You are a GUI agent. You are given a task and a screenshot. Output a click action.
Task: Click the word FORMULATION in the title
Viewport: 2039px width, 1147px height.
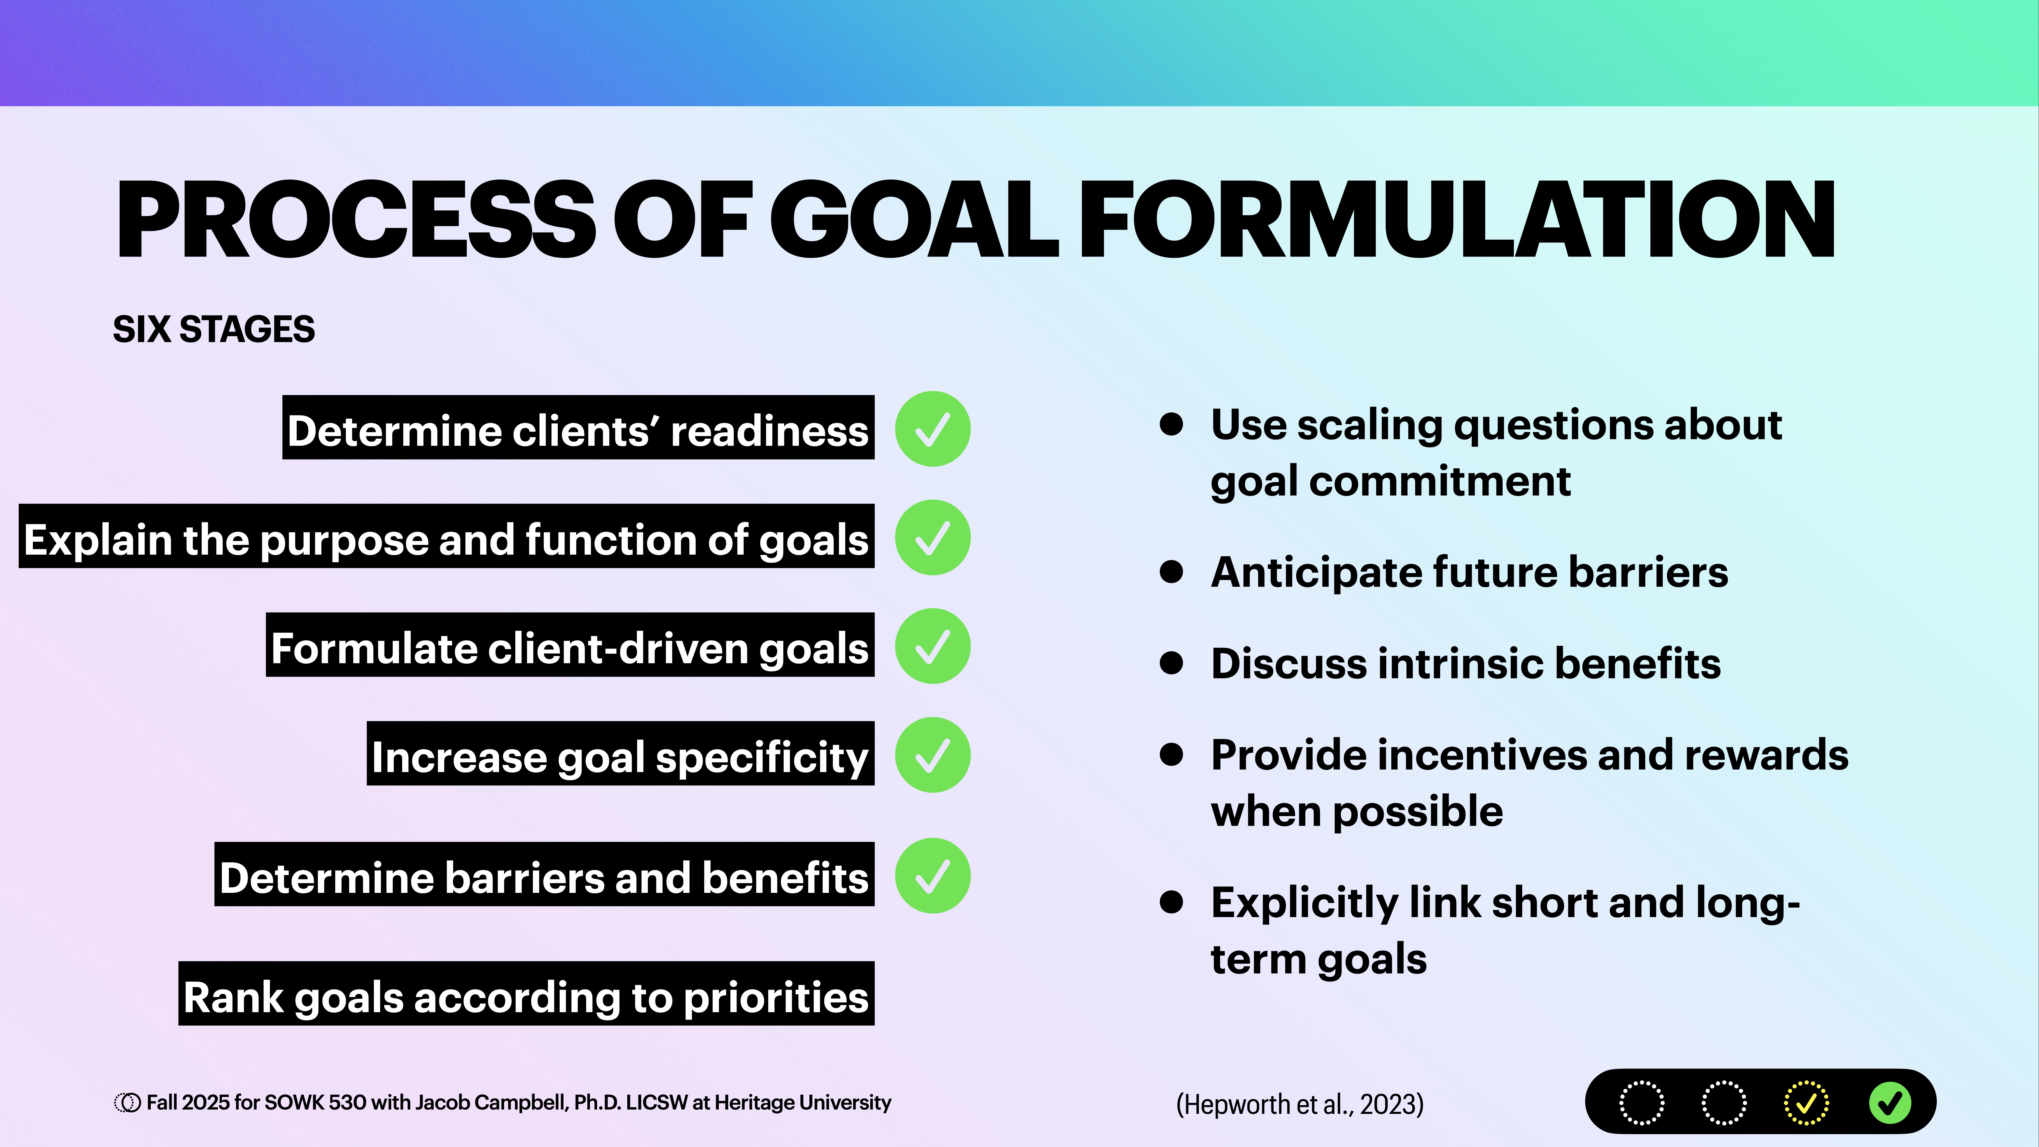[1456, 220]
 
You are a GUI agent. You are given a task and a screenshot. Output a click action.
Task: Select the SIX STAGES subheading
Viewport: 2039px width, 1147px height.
[214, 329]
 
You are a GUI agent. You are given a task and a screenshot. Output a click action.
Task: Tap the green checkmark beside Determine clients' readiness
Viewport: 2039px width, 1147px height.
[932, 429]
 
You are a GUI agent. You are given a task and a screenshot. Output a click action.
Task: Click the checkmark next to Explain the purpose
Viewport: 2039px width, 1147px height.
[932, 538]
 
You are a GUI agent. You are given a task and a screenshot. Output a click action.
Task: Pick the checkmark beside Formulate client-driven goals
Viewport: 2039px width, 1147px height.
[932, 646]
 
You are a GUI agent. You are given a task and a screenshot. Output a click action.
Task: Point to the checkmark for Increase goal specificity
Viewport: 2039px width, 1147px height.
[932, 755]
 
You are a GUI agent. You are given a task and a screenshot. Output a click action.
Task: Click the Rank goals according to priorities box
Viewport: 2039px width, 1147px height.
[526, 994]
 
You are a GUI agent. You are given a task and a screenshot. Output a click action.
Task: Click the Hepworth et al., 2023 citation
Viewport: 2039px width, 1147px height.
[1300, 1103]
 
